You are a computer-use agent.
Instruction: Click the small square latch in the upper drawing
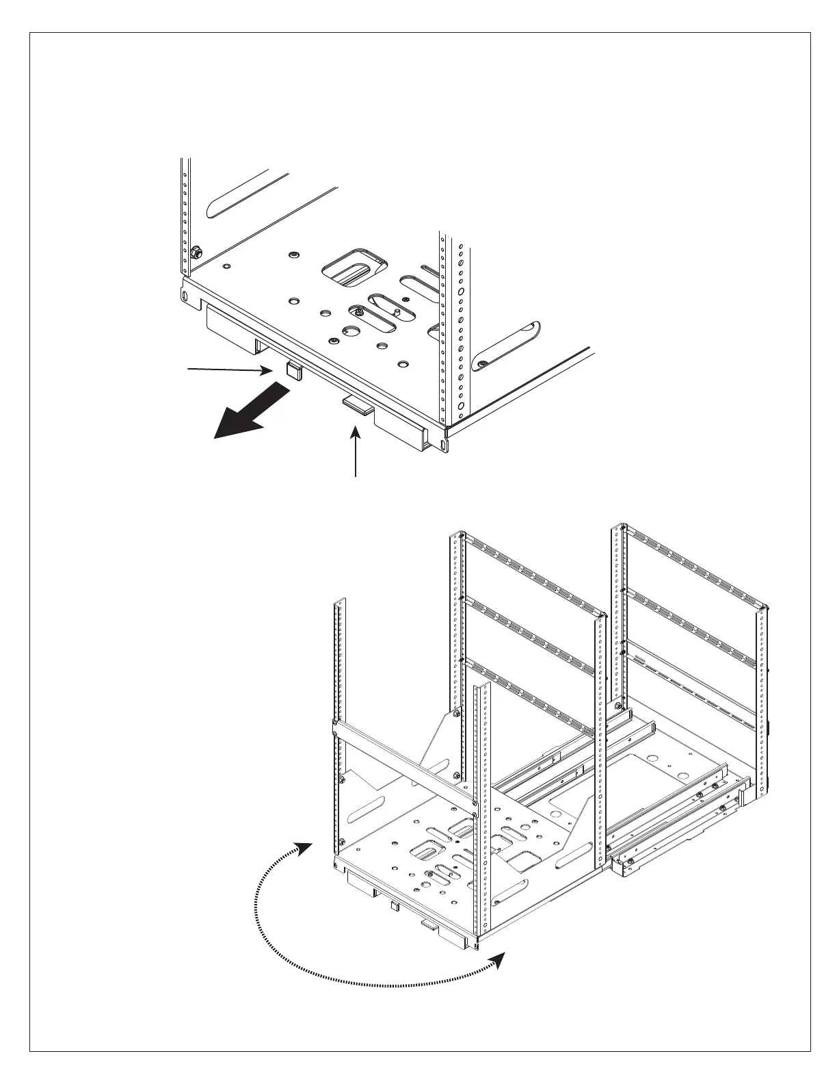click(x=294, y=370)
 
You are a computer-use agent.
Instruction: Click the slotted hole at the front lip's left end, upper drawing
click(x=185, y=296)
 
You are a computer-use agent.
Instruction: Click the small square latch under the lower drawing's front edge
click(x=394, y=906)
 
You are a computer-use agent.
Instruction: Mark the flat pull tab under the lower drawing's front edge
click(x=429, y=925)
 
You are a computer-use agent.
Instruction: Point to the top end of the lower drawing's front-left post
click(x=336, y=603)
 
